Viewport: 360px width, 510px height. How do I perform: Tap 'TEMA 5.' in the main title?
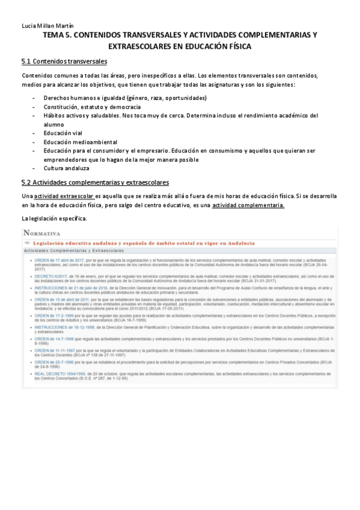pyautogui.click(x=60, y=35)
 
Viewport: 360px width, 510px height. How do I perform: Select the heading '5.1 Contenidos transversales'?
pyautogui.click(x=64, y=61)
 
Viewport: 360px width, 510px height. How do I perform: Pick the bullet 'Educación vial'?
pyautogui.click(x=64, y=133)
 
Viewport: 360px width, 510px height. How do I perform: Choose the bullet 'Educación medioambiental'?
pyautogui.click(x=80, y=142)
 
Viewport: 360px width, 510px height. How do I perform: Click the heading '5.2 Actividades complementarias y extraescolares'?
pyautogui.click(x=95, y=182)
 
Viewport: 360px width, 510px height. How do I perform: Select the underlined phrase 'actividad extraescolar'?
pyautogui.click(x=64, y=196)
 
